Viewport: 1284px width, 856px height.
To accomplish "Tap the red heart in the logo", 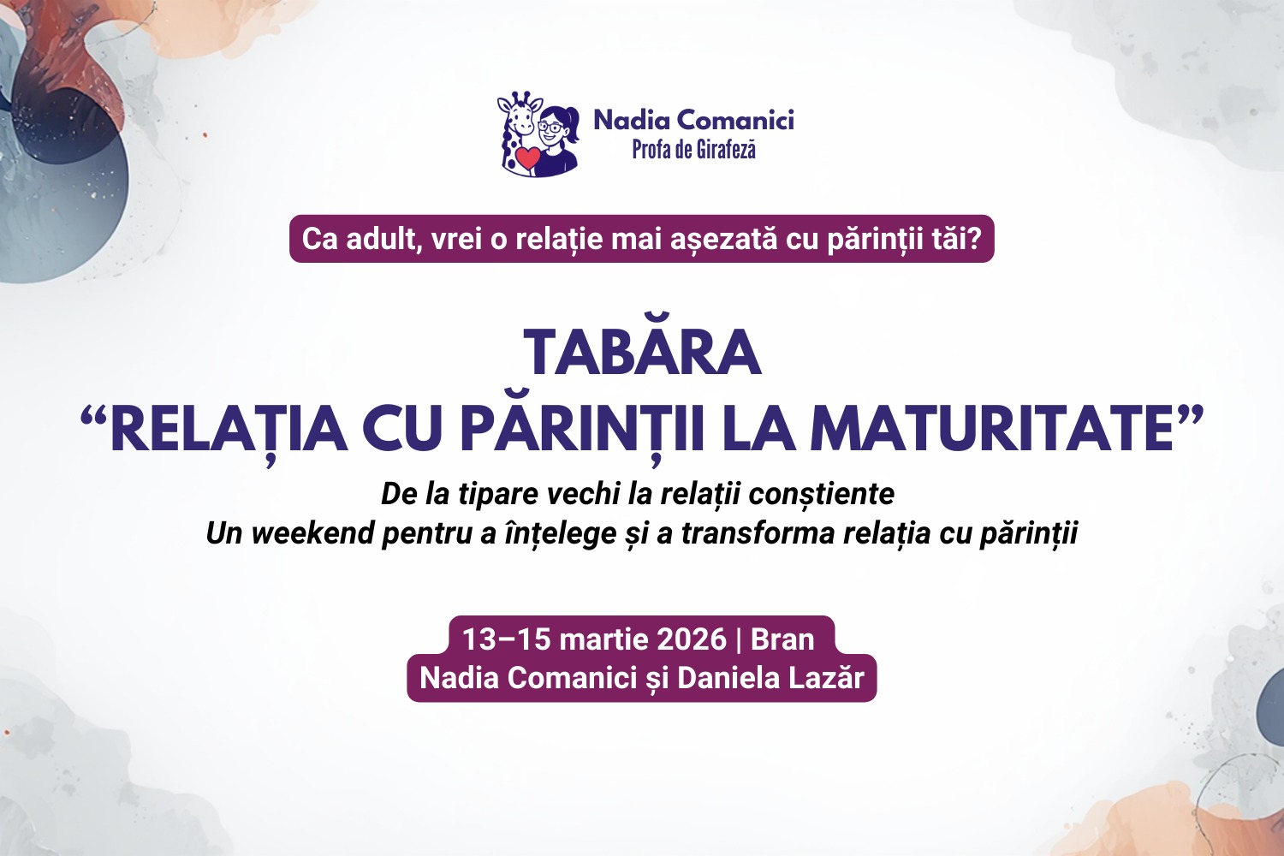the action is point(528,158).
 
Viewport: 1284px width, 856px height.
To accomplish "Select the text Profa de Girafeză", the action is point(693,150).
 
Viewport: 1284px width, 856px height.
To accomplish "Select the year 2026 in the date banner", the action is point(692,639).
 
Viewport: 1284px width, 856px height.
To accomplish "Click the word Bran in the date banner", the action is point(782,639).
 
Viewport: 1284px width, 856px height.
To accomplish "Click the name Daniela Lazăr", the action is point(771,678).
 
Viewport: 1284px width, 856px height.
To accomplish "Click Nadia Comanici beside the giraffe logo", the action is point(693,121).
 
